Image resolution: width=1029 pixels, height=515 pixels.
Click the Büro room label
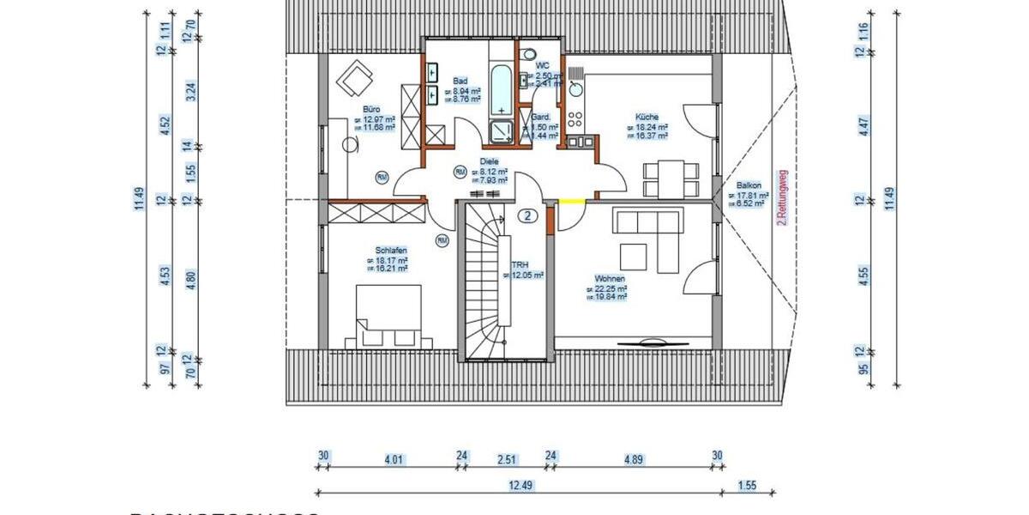click(x=371, y=110)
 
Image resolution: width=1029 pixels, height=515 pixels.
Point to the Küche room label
click(x=647, y=117)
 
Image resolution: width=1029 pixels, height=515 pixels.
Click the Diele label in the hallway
click(x=489, y=161)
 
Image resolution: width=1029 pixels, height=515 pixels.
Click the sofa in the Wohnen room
click(x=647, y=223)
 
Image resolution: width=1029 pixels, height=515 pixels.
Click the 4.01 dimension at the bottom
click(x=394, y=459)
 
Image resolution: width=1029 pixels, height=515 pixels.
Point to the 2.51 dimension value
click(x=506, y=459)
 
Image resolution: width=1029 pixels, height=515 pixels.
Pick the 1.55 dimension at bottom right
click(x=748, y=485)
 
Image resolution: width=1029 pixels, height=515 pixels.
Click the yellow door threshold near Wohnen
click(x=571, y=202)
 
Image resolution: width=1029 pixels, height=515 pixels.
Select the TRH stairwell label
click(x=520, y=266)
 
